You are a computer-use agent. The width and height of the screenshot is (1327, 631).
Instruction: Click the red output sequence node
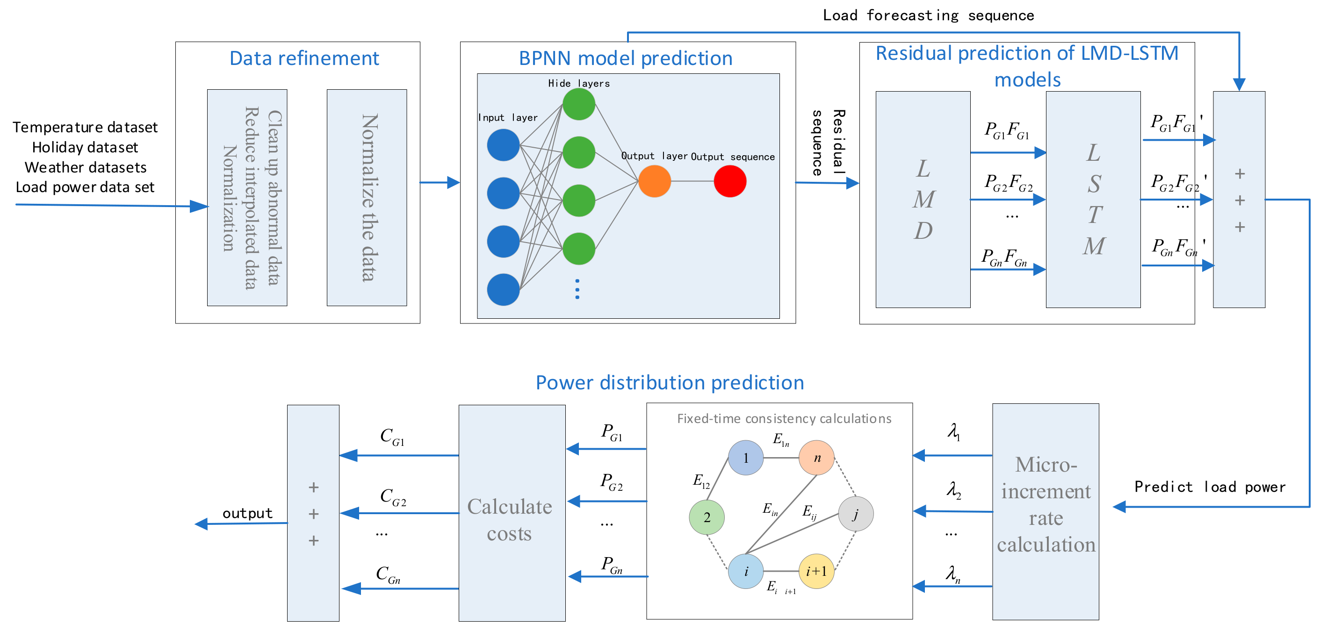[729, 181]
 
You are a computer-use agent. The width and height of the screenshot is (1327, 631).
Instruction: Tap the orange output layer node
[654, 181]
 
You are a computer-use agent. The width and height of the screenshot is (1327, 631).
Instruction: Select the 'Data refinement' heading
[304, 58]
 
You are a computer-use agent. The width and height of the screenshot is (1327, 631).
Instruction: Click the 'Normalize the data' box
[367, 198]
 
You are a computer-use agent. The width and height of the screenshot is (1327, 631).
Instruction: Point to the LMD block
[923, 200]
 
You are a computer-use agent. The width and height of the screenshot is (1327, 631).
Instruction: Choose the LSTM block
[1093, 200]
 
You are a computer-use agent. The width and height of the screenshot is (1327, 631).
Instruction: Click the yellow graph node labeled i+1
[816, 571]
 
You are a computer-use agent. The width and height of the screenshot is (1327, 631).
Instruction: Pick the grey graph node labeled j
[855, 514]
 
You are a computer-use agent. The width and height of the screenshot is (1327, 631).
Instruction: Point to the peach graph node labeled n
[816, 458]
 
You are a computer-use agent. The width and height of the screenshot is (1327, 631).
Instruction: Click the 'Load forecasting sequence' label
[928, 15]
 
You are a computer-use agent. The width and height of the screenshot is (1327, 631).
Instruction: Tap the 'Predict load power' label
[1209, 487]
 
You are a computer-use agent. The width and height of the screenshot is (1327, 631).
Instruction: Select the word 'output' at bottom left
[247, 513]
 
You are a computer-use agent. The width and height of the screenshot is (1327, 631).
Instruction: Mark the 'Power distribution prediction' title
[669, 383]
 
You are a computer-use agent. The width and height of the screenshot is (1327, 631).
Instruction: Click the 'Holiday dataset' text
[85, 147]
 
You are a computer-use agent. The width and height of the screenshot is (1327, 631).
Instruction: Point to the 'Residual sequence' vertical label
[827, 143]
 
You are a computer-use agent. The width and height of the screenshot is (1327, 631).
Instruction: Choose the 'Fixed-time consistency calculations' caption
[784, 419]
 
